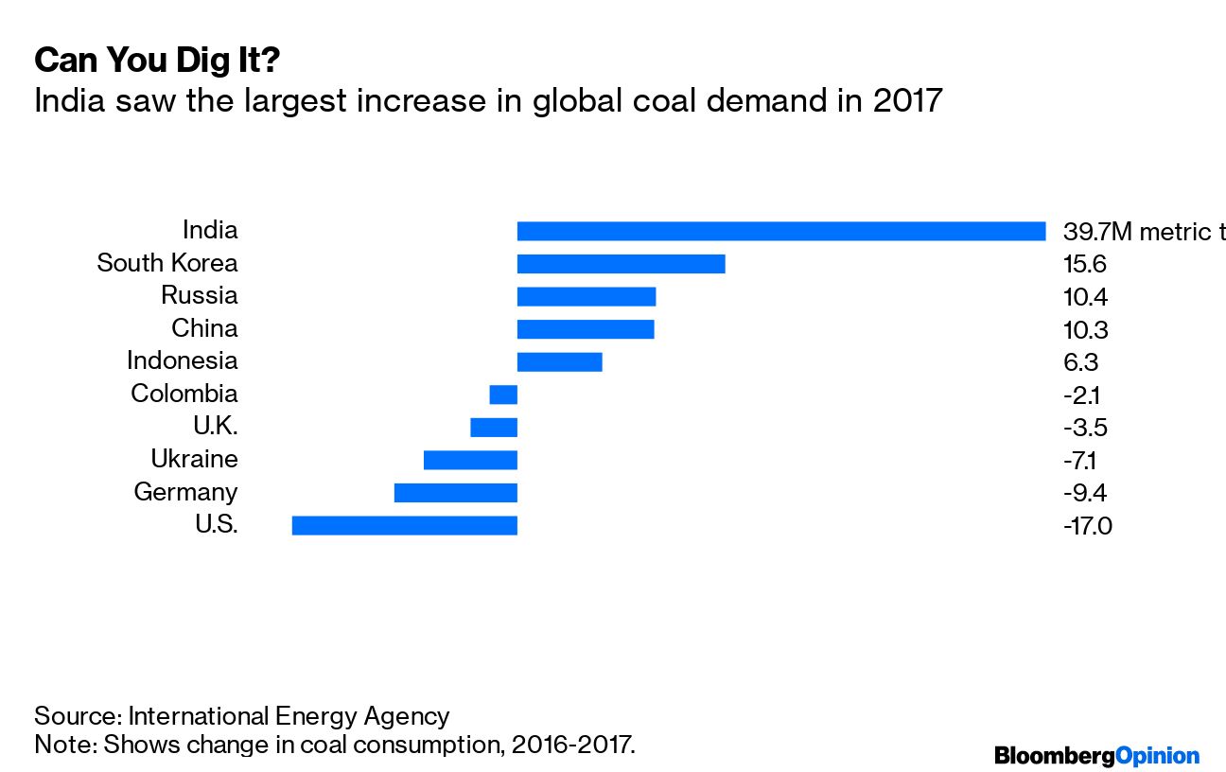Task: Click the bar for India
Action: tap(780, 231)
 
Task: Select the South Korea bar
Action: tap(621, 264)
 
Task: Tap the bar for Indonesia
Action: tap(559, 361)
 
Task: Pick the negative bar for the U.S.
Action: tap(404, 525)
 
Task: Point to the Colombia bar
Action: tap(503, 395)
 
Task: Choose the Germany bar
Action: tap(455, 493)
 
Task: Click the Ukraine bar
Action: tap(470, 460)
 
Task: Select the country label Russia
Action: tap(199, 296)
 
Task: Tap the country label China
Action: tap(204, 329)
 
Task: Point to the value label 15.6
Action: tap(1086, 264)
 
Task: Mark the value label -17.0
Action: tap(1087, 525)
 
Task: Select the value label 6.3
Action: tap(1081, 361)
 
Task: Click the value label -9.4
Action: tap(1084, 493)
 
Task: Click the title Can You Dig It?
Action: tap(157, 61)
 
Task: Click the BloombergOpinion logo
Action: tap(1096, 755)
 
